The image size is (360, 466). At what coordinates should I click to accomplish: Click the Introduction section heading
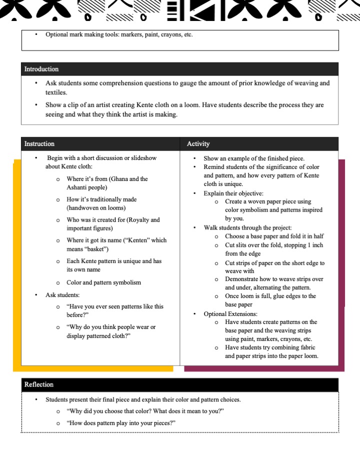coord(41,69)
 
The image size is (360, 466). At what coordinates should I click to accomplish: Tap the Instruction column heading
coord(39,143)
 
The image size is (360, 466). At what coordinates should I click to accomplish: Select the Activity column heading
coord(198,143)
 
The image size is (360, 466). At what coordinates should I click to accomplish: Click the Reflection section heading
coord(39,384)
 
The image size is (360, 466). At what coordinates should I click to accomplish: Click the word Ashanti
coord(77,187)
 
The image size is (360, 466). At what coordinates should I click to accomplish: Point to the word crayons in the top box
coord(160,34)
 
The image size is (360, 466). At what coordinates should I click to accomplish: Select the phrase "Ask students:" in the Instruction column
coord(62,295)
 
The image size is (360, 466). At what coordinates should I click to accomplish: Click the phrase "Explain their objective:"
coord(233,193)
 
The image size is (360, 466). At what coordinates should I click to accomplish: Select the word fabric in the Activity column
coord(306,347)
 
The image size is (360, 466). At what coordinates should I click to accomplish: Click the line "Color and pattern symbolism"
coord(104,282)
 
